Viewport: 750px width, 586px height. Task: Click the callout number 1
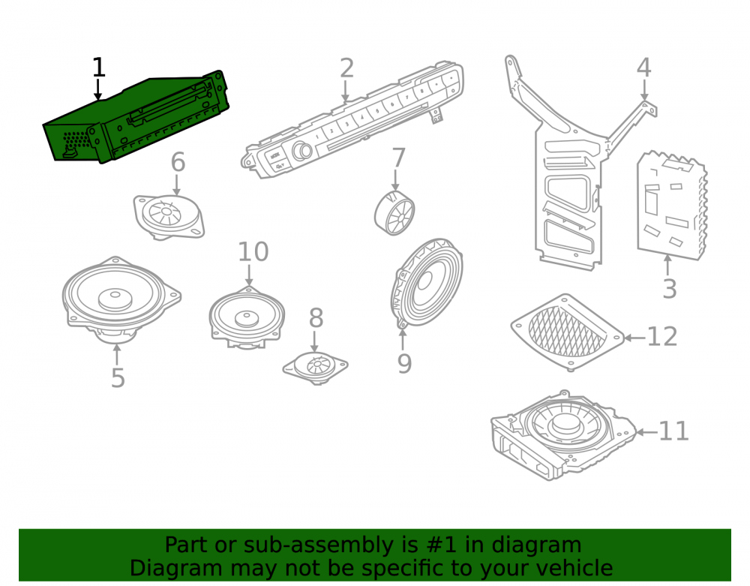point(98,68)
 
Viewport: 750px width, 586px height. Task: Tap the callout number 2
point(346,68)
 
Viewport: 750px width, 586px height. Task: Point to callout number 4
point(643,68)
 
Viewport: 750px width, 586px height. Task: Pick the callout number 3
point(669,288)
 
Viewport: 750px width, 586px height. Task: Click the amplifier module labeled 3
point(671,206)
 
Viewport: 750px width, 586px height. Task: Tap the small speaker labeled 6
point(168,217)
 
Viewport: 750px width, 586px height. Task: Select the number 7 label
point(398,158)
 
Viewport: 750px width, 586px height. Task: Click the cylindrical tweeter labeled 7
point(394,212)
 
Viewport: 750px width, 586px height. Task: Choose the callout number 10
point(253,251)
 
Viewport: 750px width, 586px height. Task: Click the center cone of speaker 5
point(115,299)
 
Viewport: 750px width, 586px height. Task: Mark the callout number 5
point(118,378)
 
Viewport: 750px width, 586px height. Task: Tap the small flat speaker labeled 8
point(315,368)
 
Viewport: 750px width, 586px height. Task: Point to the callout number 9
point(404,364)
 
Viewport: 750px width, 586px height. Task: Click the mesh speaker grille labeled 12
point(568,332)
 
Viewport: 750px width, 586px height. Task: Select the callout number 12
point(662,337)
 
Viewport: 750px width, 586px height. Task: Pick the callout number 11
point(673,431)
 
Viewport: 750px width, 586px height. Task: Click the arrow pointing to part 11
point(646,432)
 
